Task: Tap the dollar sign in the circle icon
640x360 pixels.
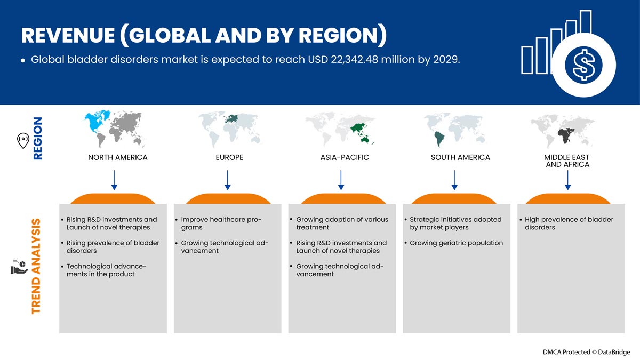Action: pos(583,65)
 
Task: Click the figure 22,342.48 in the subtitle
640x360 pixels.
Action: pos(354,60)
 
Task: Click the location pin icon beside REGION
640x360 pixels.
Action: pos(23,141)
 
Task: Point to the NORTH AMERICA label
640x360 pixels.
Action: pos(118,157)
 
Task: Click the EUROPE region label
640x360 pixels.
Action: pos(229,157)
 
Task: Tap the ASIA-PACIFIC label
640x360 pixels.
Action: pos(345,157)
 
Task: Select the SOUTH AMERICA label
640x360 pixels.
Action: pos(460,157)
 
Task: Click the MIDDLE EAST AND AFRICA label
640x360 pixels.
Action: pos(567,161)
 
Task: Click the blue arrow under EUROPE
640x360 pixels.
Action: pos(228,180)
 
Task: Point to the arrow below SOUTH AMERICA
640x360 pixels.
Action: pos(454,180)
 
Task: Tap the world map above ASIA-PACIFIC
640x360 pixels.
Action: pos(340,129)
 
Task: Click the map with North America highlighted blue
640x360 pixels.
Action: pos(114,129)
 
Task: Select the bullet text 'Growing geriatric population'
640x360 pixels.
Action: pos(457,243)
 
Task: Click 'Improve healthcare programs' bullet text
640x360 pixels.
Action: pos(221,223)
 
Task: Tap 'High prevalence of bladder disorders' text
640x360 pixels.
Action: pos(569,223)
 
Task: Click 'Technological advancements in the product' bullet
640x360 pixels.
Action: pos(106,270)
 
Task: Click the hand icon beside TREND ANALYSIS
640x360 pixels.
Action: pos(19,266)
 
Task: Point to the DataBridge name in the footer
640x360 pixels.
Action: pos(614,352)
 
